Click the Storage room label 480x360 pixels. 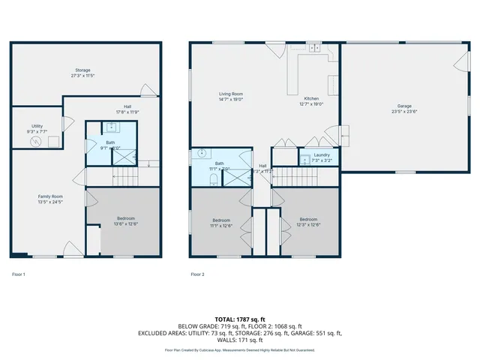click(x=82, y=70)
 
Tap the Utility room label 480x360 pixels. click(x=37, y=125)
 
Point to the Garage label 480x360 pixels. click(x=403, y=106)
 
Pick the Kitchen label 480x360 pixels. click(x=311, y=99)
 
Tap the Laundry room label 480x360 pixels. click(x=310, y=155)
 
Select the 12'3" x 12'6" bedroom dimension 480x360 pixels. click(x=308, y=225)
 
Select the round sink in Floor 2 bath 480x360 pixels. click(x=201, y=154)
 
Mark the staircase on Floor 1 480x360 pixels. click(x=127, y=177)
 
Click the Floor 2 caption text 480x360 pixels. click(x=197, y=274)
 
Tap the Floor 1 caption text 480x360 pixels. click(x=19, y=274)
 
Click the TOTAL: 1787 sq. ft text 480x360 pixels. click(x=240, y=319)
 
